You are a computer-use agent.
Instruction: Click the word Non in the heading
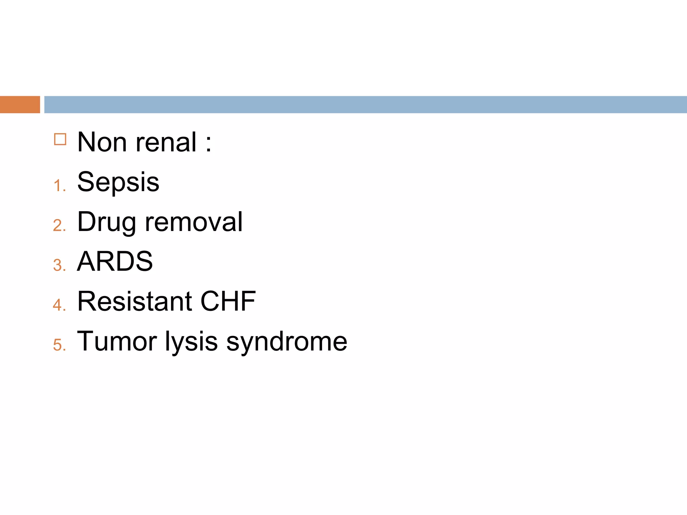coord(102,142)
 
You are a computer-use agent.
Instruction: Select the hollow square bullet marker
coord(60,139)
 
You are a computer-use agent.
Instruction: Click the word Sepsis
coord(118,182)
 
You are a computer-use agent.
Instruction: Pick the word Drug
coord(106,222)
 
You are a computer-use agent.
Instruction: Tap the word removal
coord(194,222)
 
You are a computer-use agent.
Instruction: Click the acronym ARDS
coord(115,261)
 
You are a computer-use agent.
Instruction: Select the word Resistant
coord(135,301)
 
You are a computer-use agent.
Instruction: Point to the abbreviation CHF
coord(228,301)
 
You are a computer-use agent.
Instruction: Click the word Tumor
coord(117,341)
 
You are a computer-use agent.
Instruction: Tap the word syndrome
coord(287,342)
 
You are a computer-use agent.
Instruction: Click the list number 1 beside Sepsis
coord(58,185)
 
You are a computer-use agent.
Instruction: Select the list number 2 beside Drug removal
coord(58,225)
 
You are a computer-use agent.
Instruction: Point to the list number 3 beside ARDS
coord(58,265)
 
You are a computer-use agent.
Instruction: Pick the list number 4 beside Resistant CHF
coord(58,305)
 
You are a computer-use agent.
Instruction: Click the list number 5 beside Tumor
coord(58,345)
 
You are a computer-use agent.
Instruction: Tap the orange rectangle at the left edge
coord(20,105)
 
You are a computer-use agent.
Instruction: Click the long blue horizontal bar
coord(365,105)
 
